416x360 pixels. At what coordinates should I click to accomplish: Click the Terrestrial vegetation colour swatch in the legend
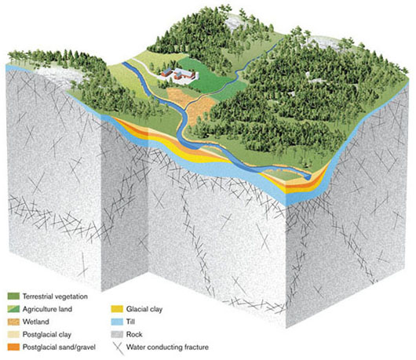pyautogui.click(x=13, y=296)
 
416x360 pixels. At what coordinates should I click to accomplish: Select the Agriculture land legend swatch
pyautogui.click(x=13, y=309)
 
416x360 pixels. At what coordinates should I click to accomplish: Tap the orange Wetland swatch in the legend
pyautogui.click(x=13, y=322)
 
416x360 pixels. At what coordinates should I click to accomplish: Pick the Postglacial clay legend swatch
pyautogui.click(x=13, y=334)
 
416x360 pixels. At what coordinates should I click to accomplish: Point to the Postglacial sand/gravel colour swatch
pyautogui.click(x=13, y=347)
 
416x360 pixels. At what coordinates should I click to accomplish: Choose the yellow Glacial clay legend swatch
pyautogui.click(x=117, y=309)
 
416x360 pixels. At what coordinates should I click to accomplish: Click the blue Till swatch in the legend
pyautogui.click(x=117, y=322)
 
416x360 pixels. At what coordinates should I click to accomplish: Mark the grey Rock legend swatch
pyautogui.click(x=117, y=334)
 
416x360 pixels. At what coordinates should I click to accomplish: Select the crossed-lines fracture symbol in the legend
pyautogui.click(x=118, y=348)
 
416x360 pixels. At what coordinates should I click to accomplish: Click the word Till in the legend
pyautogui.click(x=130, y=322)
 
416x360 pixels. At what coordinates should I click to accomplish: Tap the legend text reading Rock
pyautogui.click(x=134, y=334)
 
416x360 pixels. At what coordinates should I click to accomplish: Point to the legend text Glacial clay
pyautogui.click(x=144, y=309)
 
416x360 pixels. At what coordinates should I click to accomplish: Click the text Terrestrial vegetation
pyautogui.click(x=55, y=296)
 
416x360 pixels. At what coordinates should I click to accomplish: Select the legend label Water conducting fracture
pyautogui.click(x=167, y=347)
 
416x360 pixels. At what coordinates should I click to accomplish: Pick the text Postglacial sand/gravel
pyautogui.click(x=59, y=347)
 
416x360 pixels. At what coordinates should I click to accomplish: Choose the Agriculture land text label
pyautogui.click(x=48, y=309)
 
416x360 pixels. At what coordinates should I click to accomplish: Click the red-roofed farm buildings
pyautogui.click(x=178, y=74)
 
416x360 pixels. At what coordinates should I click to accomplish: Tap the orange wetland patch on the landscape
pyautogui.click(x=189, y=104)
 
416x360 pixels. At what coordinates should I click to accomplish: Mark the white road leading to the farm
pyautogui.click(x=145, y=67)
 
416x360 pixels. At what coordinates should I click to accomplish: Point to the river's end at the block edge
pyautogui.click(x=308, y=177)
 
